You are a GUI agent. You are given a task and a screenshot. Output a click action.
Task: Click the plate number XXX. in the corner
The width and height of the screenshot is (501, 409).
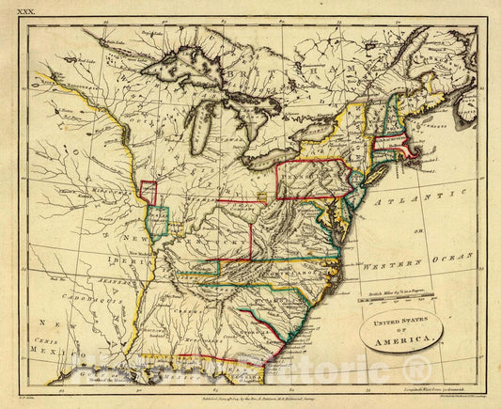tap(21, 8)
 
